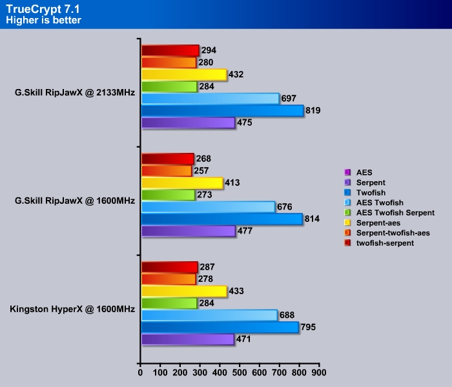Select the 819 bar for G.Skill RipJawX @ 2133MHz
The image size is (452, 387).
click(x=222, y=111)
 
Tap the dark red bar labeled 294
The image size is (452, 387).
click(x=170, y=50)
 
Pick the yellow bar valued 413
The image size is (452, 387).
click(x=181, y=183)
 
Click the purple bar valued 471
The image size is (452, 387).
click(x=187, y=339)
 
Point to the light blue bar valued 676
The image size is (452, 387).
click(x=208, y=207)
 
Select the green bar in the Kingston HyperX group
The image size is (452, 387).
click(x=169, y=303)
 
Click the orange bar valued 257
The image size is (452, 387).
click(x=167, y=171)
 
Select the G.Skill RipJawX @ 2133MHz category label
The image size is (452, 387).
click(x=75, y=92)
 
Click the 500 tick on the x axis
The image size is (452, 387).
click(x=240, y=373)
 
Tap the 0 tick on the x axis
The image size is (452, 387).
click(x=141, y=373)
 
